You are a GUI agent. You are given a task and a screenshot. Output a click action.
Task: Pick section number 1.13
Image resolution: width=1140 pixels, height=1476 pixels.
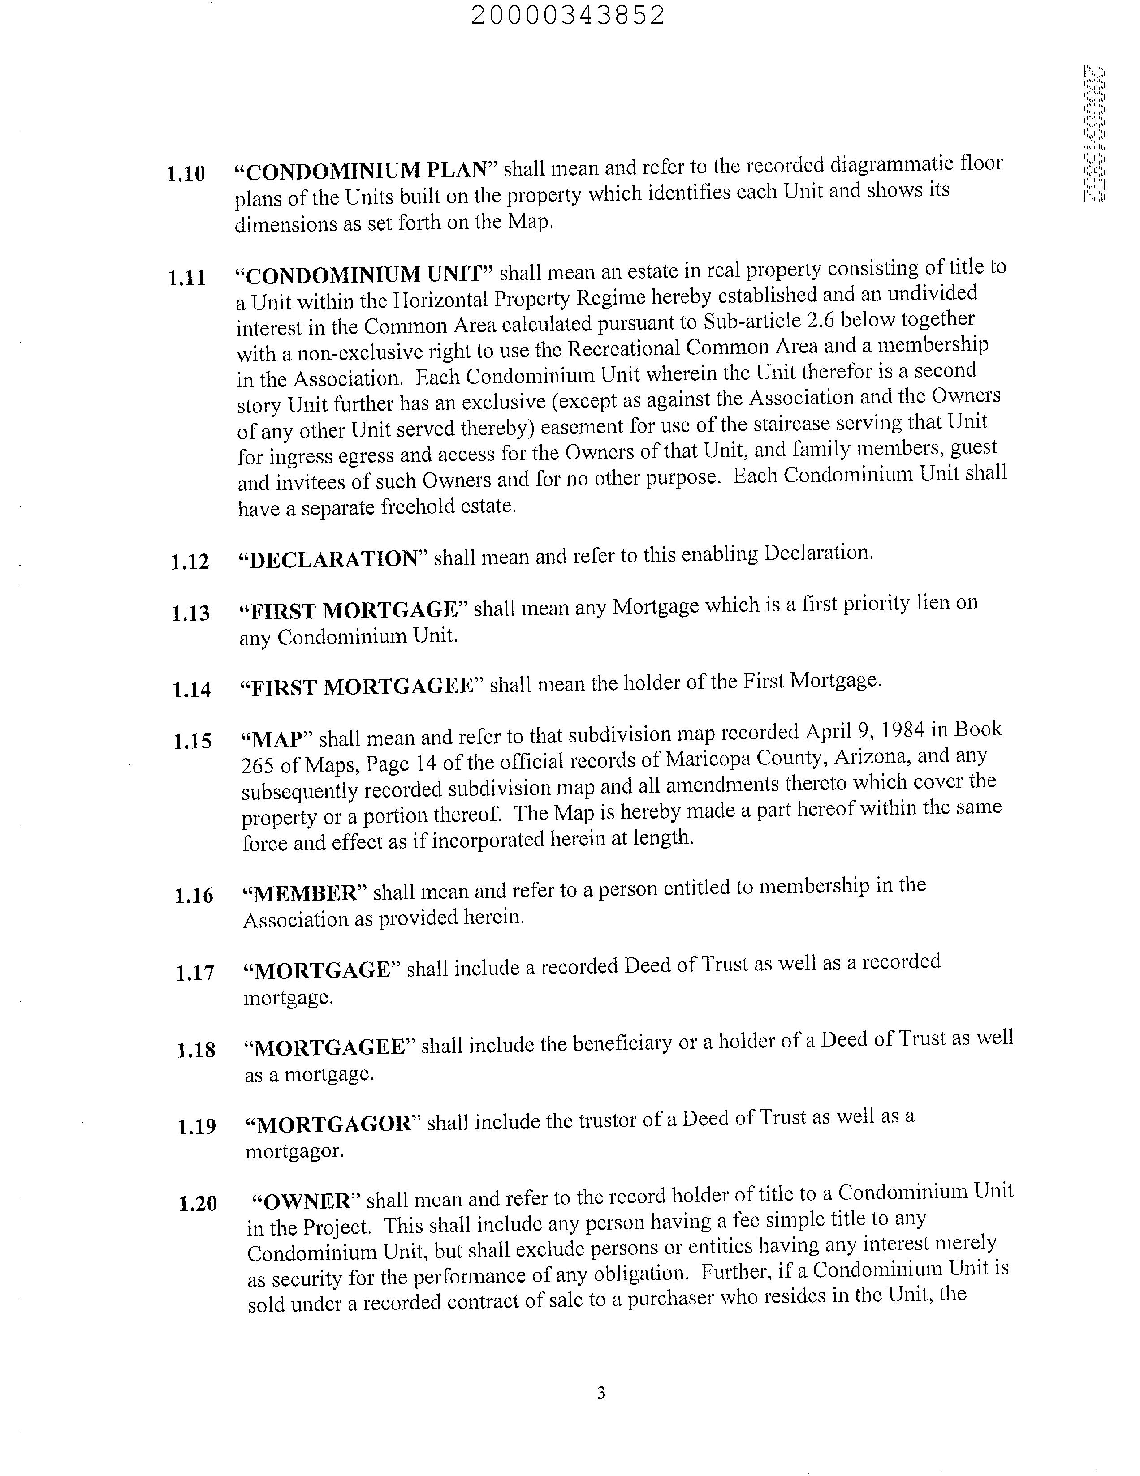tap(191, 613)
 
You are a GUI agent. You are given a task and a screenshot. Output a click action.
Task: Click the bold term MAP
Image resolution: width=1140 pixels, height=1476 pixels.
tap(276, 739)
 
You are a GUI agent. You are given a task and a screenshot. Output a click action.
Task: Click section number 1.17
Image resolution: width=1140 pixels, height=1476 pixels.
tap(195, 973)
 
